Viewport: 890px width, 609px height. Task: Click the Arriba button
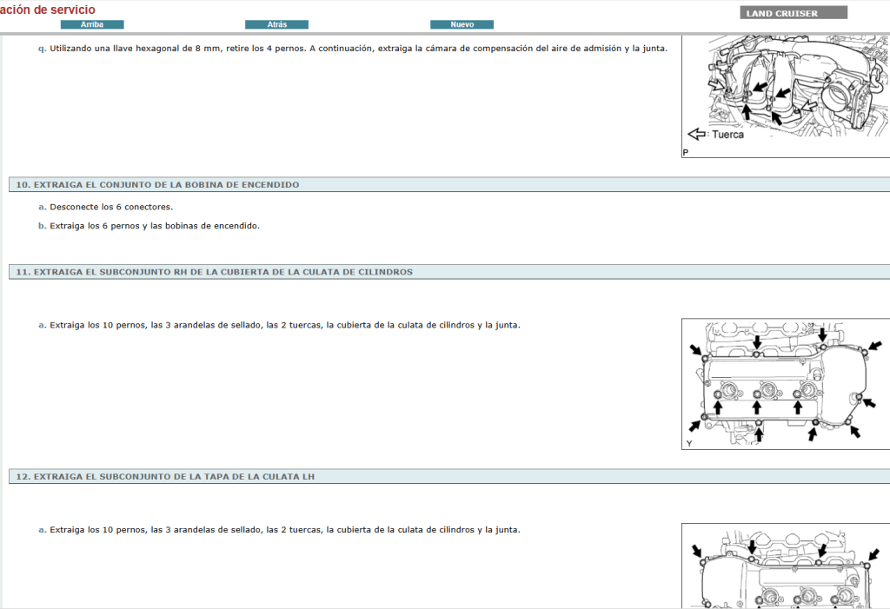pyautogui.click(x=92, y=24)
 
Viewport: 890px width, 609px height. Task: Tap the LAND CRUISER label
pyautogui.click(x=781, y=14)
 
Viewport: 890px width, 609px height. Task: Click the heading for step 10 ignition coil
pyautogui.click(x=157, y=185)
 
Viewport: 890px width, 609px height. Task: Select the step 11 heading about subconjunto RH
pyautogui.click(x=214, y=272)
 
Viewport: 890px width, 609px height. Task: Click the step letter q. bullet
pyautogui.click(x=42, y=49)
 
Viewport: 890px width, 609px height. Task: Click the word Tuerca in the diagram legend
pyautogui.click(x=728, y=135)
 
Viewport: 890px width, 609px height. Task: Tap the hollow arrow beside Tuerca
pyautogui.click(x=697, y=135)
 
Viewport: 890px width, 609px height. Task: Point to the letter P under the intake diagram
pyautogui.click(x=686, y=153)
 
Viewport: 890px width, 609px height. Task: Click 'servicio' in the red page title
pyautogui.click(x=73, y=9)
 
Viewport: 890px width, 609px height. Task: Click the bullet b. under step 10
pyautogui.click(x=42, y=226)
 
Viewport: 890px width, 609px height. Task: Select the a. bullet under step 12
pyautogui.click(x=42, y=529)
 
